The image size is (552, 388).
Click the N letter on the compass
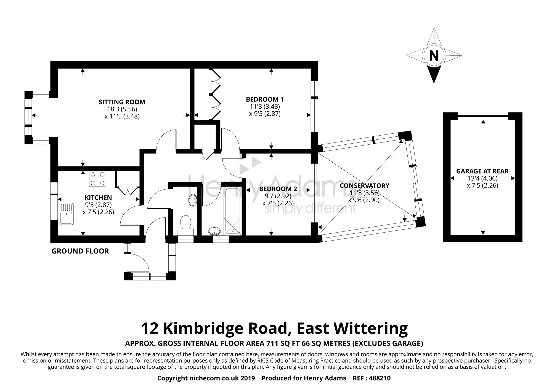(434, 56)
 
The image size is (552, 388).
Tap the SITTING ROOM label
(122, 102)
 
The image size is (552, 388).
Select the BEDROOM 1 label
(265, 99)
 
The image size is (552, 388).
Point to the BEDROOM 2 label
(278, 189)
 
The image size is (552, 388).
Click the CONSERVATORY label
(364, 186)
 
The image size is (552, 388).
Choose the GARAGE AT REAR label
(482, 171)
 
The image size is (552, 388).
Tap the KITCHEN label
(98, 198)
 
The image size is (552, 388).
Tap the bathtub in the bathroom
(233, 211)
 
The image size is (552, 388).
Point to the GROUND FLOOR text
(80, 251)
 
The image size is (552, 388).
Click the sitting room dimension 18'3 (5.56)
(122, 109)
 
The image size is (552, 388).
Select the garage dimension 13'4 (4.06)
(482, 178)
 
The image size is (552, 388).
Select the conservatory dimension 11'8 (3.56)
(364, 193)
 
